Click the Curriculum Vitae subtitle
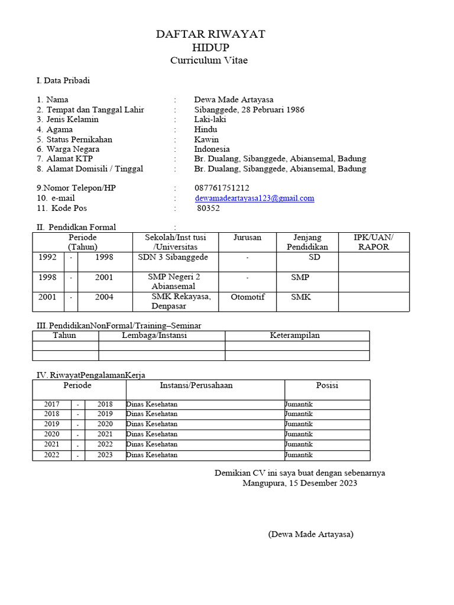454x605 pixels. click(x=209, y=60)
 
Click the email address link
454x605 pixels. click(x=254, y=199)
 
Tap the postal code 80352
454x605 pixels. click(x=208, y=209)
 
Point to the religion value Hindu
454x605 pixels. click(x=206, y=129)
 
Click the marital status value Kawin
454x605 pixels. click(x=206, y=139)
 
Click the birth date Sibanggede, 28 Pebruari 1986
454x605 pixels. click(x=249, y=109)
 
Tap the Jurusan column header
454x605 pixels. click(x=247, y=238)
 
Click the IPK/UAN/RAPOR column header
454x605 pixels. click(x=373, y=242)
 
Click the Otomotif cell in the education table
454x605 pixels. click(x=248, y=297)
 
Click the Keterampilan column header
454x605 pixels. click(x=294, y=336)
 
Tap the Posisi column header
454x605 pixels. click(x=327, y=385)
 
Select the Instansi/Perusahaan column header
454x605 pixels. click(x=196, y=385)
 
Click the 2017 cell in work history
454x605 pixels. click(x=52, y=404)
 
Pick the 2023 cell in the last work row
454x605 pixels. click(x=105, y=456)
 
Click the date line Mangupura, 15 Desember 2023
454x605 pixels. click(x=300, y=483)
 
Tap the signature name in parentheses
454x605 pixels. click(x=310, y=535)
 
